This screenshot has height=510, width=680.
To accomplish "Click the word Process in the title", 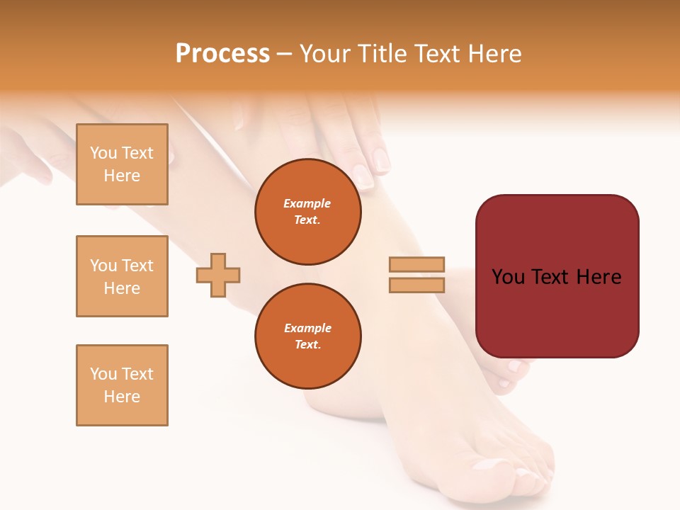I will pyautogui.click(x=222, y=54).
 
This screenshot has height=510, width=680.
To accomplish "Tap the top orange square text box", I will pyautogui.click(x=122, y=164).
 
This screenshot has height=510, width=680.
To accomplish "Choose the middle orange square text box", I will pyautogui.click(x=122, y=276).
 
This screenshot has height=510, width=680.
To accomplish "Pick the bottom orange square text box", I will pyautogui.click(x=122, y=385).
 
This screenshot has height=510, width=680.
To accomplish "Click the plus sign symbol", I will pyautogui.click(x=218, y=275).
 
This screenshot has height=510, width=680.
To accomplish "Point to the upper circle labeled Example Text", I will pyautogui.click(x=307, y=212).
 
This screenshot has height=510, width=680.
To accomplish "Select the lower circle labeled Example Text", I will pyautogui.click(x=307, y=336).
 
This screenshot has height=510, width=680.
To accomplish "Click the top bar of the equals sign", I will pyautogui.click(x=416, y=264).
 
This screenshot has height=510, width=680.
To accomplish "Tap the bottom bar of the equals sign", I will pyautogui.click(x=416, y=285).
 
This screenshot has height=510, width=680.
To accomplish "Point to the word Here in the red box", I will pyautogui.click(x=599, y=277).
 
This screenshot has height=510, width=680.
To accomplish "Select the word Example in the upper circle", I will pyautogui.click(x=307, y=204).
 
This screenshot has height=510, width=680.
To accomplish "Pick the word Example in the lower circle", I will pyautogui.click(x=307, y=329).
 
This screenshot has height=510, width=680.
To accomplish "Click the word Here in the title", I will pyautogui.click(x=497, y=54).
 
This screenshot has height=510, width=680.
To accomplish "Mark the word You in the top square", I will pyautogui.click(x=103, y=153).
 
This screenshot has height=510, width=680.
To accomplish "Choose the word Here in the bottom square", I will pyautogui.click(x=122, y=397).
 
